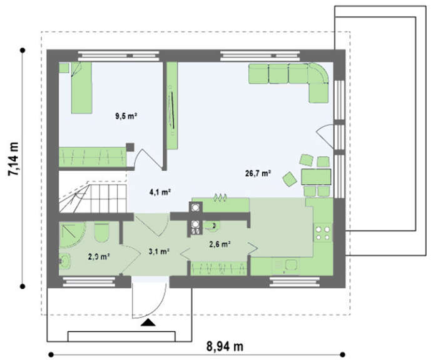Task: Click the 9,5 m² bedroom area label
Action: coord(126,116)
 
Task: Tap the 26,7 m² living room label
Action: coord(258,173)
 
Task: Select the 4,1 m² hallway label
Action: coord(160,192)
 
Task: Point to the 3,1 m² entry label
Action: coord(159,251)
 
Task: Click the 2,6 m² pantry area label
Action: coord(220,244)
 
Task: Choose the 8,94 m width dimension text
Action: coord(225,346)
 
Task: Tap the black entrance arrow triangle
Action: coord(148,322)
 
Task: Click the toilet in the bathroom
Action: coord(101,232)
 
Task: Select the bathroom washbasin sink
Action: coord(65,261)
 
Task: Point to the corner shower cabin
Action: coord(72,235)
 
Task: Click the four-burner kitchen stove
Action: coord(323,232)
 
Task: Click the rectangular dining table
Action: coord(316,177)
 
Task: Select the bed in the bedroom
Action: coord(81,87)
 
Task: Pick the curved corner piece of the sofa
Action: coord(318,73)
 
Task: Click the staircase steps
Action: coord(93,197)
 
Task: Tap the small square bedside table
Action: coord(64,68)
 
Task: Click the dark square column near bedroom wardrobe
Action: coord(130,147)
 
